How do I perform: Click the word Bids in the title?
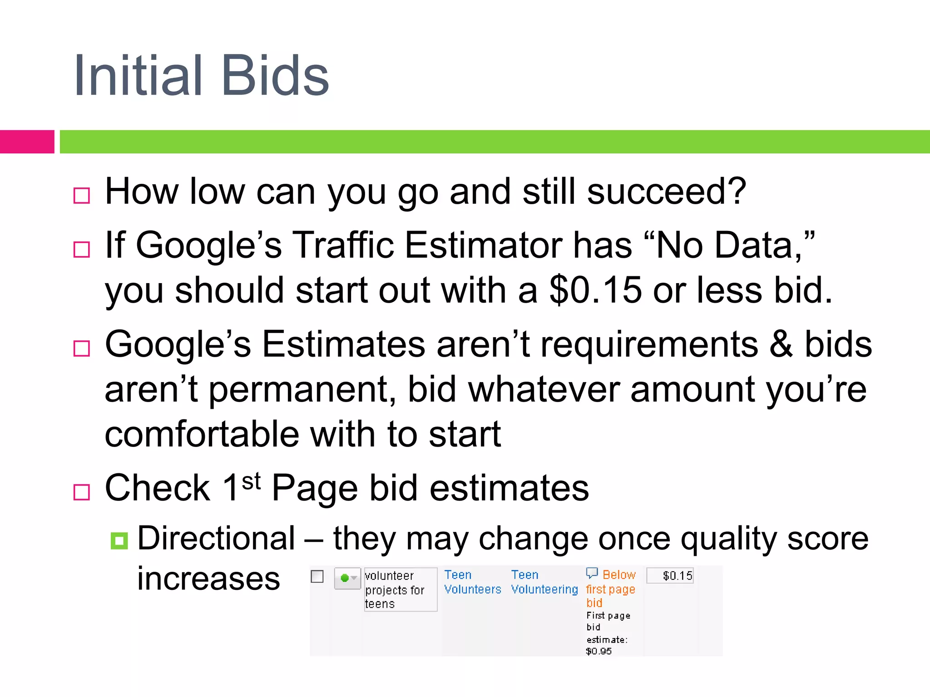point(275,76)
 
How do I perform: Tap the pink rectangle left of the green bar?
point(27,142)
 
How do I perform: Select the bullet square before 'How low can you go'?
point(82,196)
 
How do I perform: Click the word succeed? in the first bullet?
point(667,191)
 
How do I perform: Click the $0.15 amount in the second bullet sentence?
point(595,290)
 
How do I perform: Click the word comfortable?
point(201,434)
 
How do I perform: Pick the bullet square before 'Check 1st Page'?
point(82,492)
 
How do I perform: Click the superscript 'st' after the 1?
point(251,481)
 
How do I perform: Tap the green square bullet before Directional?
point(119,540)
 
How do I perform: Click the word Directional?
point(216,539)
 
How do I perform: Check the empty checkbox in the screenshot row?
point(317,577)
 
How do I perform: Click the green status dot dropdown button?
point(347,578)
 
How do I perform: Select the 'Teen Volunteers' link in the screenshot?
point(472,582)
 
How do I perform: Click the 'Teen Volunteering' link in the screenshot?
point(544,582)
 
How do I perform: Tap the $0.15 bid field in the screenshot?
point(670,576)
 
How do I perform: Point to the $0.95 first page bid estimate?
point(599,651)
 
